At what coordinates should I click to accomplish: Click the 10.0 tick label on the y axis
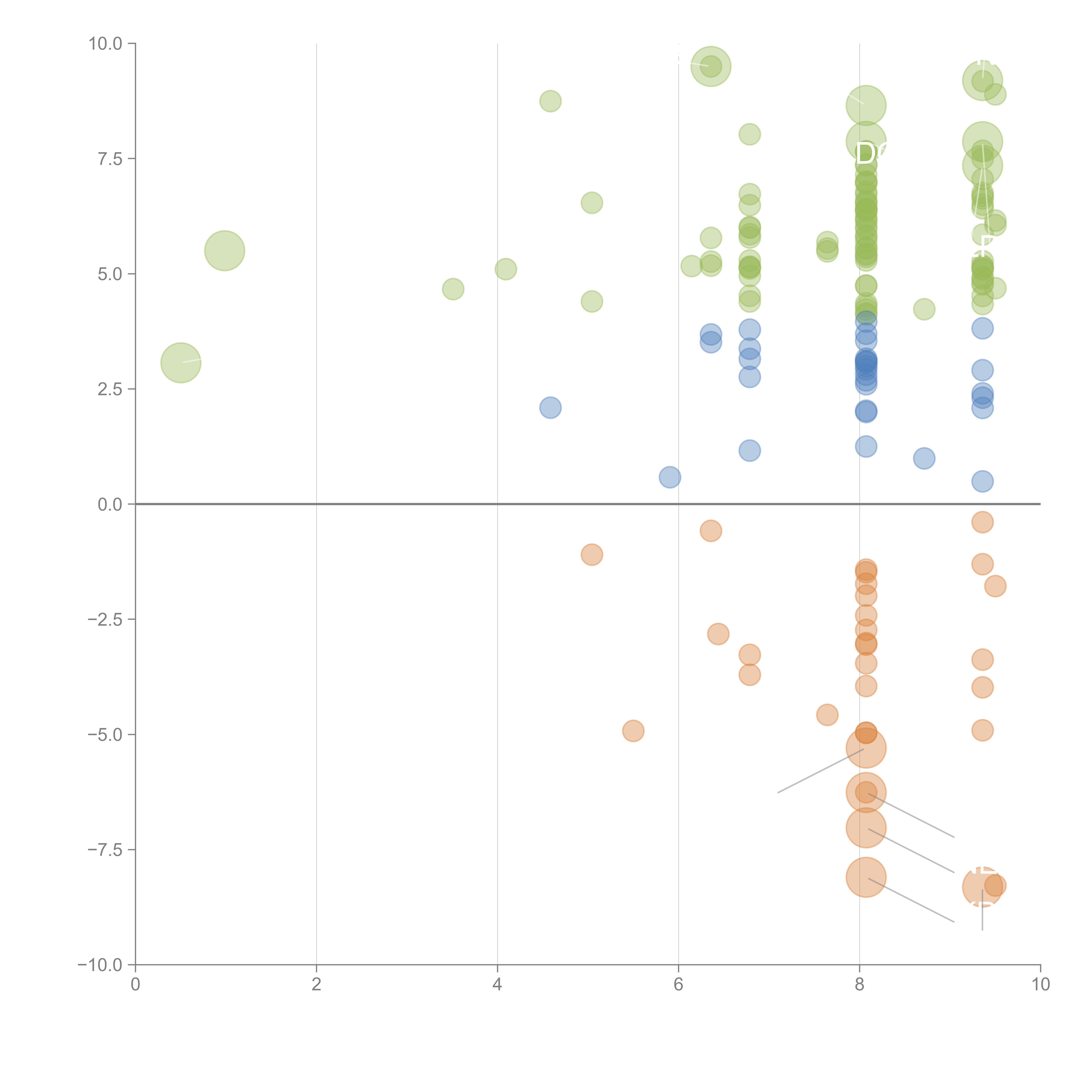click(106, 44)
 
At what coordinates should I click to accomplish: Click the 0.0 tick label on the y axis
click(110, 504)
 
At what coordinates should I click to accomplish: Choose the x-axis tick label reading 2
click(317, 985)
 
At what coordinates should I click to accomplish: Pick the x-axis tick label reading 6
click(678, 985)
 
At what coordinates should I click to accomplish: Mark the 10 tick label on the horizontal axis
click(1040, 985)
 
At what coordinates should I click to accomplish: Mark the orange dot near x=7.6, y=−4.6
click(827, 715)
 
